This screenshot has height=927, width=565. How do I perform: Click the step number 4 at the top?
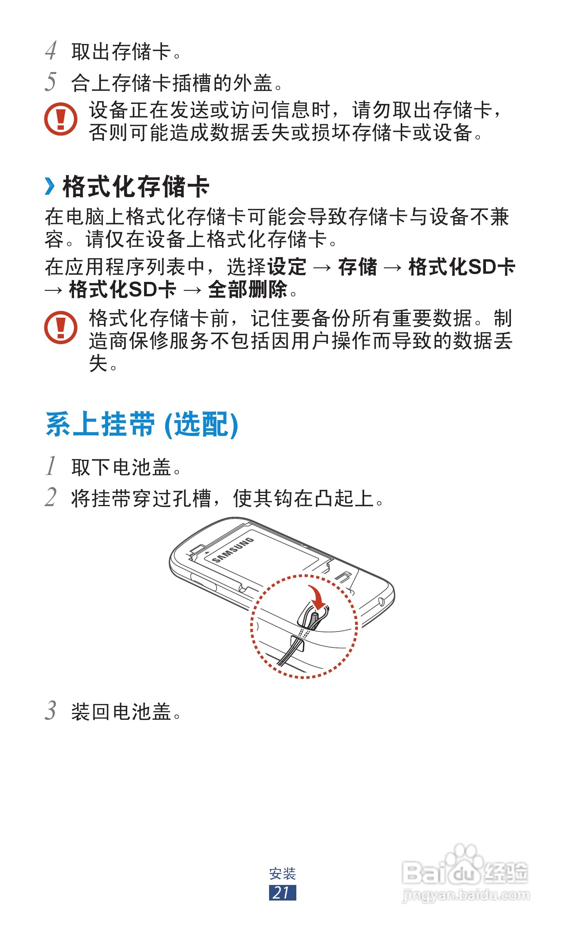click(51, 51)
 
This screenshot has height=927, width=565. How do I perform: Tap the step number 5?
click(51, 82)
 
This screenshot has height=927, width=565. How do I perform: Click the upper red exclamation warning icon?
click(61, 119)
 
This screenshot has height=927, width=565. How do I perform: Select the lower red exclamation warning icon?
click(61, 327)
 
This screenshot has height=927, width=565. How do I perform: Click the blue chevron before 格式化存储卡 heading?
click(49, 186)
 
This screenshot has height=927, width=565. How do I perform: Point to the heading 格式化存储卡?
click(136, 186)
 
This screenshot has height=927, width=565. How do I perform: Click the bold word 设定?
click(287, 267)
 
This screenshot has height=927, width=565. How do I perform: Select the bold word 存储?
click(357, 267)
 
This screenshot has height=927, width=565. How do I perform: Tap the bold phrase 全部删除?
click(248, 290)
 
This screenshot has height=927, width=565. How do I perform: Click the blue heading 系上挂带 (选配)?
click(142, 424)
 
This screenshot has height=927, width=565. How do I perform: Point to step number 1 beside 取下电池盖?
click(51, 466)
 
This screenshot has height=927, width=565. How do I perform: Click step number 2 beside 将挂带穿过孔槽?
click(51, 497)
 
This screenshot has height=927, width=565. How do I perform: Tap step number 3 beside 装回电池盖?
click(51, 711)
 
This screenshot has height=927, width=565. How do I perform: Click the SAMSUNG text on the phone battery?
click(233, 550)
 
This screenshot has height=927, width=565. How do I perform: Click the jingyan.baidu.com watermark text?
click(465, 895)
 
